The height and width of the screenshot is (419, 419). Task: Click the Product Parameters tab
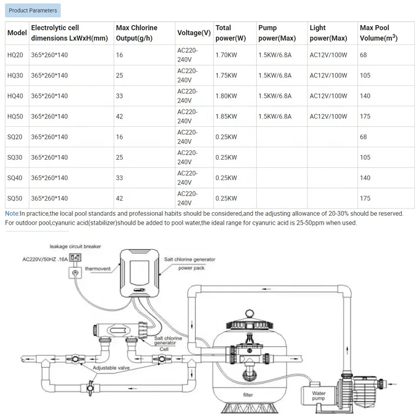pyautogui.click(x=33, y=10)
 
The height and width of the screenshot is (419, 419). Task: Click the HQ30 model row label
pyautogui.click(x=15, y=75)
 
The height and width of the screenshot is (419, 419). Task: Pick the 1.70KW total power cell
pyautogui.click(x=226, y=55)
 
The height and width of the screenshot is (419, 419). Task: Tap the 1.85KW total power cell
pyautogui.click(x=226, y=116)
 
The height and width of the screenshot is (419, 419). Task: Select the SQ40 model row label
pyautogui.click(x=15, y=178)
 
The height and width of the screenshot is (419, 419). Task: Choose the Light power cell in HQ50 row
pyautogui.click(x=328, y=116)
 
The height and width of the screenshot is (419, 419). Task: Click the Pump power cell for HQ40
pyautogui.click(x=275, y=96)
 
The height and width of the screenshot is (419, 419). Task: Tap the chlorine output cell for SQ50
pyautogui.click(x=119, y=199)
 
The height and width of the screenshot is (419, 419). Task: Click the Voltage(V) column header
pyautogui.click(x=194, y=32)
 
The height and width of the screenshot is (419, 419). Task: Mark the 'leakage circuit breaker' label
pyautogui.click(x=75, y=246)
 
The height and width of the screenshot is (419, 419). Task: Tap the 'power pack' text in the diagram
pyautogui.click(x=192, y=267)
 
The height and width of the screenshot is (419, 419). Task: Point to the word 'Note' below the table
pyautogui.click(x=12, y=214)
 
